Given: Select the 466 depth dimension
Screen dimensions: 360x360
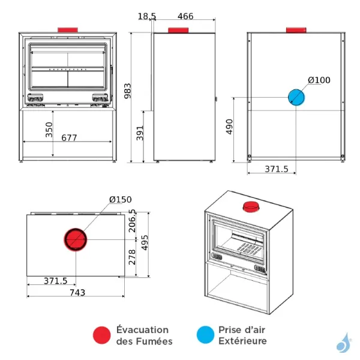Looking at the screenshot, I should (x=186, y=17).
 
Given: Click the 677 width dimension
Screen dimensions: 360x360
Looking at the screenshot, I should (x=69, y=138).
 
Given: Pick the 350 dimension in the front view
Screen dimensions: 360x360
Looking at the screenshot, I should (x=49, y=130).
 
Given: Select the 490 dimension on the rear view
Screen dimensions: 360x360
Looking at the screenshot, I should (x=229, y=127).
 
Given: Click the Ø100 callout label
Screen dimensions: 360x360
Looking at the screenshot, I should (x=319, y=80).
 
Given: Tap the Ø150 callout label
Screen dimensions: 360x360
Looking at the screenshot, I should (x=120, y=200).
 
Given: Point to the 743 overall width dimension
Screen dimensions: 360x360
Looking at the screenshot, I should (x=77, y=292).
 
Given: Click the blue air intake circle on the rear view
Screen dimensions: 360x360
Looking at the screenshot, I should (x=297, y=97).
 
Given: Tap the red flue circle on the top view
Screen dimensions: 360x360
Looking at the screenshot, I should (x=76, y=240).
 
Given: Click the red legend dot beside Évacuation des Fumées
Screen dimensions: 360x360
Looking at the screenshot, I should (x=102, y=335).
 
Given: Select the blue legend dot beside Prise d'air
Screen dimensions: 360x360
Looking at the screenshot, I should (x=205, y=335).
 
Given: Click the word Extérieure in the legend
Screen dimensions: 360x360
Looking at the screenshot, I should (x=242, y=341).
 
